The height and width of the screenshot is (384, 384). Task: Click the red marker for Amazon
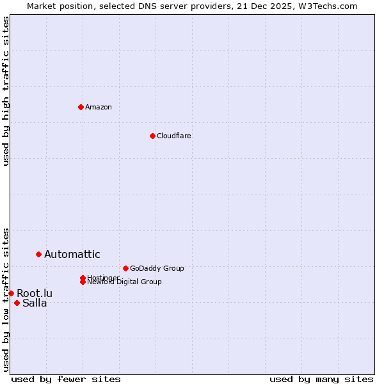click(81, 107)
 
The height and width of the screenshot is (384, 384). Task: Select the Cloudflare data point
click(152, 136)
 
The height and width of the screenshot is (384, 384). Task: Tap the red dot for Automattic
click(38, 254)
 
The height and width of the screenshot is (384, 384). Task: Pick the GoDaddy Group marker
click(125, 268)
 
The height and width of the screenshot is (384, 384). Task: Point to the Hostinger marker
click(83, 278)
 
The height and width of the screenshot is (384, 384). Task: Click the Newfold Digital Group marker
click(83, 282)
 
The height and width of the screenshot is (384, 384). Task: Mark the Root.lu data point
click(11, 293)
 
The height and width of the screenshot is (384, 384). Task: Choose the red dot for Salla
click(17, 303)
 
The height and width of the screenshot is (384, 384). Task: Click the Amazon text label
click(98, 107)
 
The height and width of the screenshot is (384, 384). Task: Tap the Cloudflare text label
click(173, 136)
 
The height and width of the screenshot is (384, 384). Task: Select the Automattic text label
click(72, 254)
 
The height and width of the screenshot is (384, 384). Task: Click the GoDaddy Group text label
click(157, 268)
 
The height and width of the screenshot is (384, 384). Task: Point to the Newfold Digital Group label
click(124, 282)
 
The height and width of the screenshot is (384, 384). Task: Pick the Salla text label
click(35, 303)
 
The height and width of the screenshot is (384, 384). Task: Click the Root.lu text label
click(35, 293)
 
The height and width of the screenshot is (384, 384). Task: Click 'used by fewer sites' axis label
click(66, 379)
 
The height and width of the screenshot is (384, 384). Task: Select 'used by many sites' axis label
click(321, 379)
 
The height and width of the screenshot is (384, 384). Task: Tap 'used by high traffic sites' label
click(6, 91)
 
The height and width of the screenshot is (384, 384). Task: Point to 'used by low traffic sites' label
click(6, 299)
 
